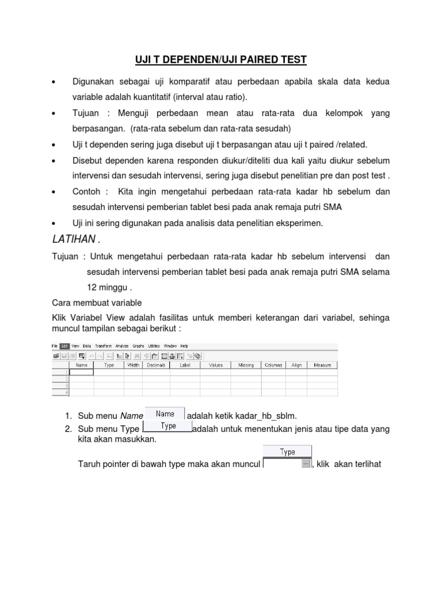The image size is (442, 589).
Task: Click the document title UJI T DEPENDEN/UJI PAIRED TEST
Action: (x=220, y=59)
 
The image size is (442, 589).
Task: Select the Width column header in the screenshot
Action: (x=133, y=365)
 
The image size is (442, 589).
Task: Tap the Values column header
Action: (x=216, y=365)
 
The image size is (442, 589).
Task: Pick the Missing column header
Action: (x=246, y=365)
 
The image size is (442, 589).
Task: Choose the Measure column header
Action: (x=322, y=365)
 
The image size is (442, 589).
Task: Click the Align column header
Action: (x=296, y=365)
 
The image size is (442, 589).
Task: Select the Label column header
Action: (x=185, y=365)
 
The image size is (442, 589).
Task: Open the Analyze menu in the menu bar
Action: (x=121, y=346)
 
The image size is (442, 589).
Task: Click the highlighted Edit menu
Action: (x=64, y=346)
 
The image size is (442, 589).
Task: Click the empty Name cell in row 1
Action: (x=81, y=372)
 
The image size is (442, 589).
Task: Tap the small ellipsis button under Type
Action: (x=306, y=464)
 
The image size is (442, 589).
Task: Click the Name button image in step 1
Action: (x=165, y=414)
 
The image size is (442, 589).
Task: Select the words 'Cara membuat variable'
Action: (x=97, y=303)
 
